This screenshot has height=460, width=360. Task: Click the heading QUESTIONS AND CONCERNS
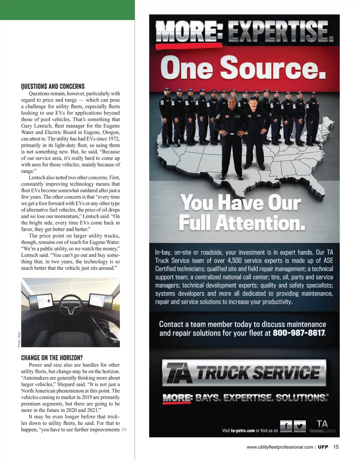coord(53,87)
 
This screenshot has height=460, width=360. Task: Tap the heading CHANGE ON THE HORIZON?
coord(52,358)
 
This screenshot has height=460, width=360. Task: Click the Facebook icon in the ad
coord(286,426)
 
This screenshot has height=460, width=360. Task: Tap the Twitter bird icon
coord(300,426)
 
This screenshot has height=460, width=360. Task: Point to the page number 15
coord(336,447)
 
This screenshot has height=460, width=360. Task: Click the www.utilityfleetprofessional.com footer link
coord(280,447)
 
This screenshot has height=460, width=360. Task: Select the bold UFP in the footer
coord(323,447)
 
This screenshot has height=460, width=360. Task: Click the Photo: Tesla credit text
coord(19,339)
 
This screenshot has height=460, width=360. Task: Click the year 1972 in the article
coord(114,139)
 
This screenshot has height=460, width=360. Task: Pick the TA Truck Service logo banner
coord(244,372)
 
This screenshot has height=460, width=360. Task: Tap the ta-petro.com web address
coord(243,431)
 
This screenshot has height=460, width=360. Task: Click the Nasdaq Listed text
coord(322,431)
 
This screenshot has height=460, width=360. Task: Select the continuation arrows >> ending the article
coord(124,430)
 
